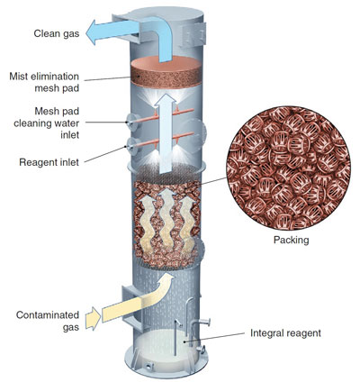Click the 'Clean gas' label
click(x=57, y=33)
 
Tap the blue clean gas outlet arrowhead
click(x=92, y=32)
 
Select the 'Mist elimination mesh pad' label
click(x=44, y=82)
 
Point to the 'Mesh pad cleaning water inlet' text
click(x=47, y=123)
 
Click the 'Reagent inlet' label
click(x=49, y=162)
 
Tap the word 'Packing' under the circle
click(x=291, y=241)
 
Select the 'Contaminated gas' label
click(x=48, y=321)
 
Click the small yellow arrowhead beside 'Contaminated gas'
click(x=92, y=318)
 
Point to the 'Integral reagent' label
click(x=285, y=333)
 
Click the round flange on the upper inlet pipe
click(x=130, y=123)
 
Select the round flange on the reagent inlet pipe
click(x=130, y=147)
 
